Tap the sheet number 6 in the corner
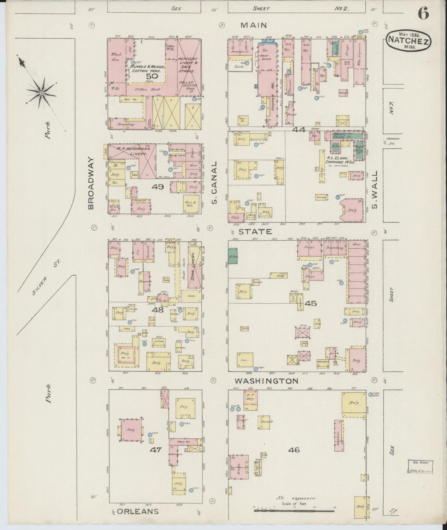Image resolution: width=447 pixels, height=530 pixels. pos(423,13)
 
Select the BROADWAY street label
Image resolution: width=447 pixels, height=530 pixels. pos(91,183)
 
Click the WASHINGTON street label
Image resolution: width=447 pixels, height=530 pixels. pos(266,381)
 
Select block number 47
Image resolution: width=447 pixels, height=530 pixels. pos(156,450)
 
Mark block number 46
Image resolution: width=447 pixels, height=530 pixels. pos(294,450)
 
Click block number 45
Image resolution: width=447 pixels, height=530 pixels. pos(311,303)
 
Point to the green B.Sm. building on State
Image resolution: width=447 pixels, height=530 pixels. pos(233,256)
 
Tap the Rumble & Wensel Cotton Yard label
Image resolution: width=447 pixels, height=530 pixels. pos(148,68)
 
